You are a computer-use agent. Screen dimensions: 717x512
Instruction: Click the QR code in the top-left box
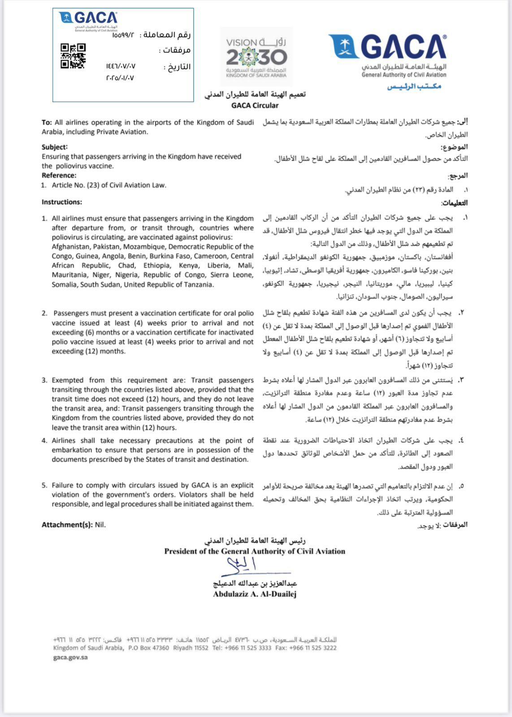point(73,56)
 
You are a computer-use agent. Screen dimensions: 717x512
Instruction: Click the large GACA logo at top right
point(388,52)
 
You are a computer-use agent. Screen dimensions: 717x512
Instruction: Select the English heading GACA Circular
point(255,106)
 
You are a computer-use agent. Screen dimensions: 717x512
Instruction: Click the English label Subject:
point(55,147)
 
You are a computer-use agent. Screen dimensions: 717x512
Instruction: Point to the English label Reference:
point(59,175)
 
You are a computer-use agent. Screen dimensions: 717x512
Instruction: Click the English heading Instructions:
point(62,202)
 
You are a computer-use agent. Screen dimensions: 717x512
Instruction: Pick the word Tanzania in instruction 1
point(198,285)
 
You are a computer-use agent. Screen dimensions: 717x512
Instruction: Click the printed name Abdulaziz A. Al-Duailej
point(255,594)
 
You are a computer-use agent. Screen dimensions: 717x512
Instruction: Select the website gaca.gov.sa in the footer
point(70,657)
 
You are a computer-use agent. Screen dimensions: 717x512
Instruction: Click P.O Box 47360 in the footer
point(148,648)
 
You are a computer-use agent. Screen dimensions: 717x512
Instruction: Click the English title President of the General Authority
point(255,551)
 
